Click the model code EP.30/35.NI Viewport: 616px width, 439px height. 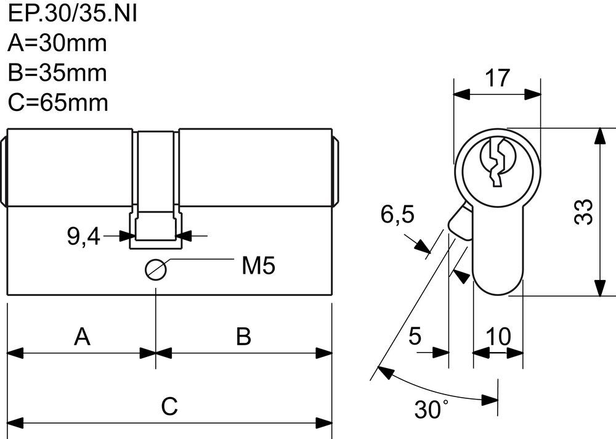pos(72,14)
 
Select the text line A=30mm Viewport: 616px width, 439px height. pos(58,43)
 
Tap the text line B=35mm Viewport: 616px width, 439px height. pos(58,73)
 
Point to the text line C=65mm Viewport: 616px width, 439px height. pos(59,102)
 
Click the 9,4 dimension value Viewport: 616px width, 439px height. pos(83,236)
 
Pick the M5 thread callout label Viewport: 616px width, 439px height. pos(258,266)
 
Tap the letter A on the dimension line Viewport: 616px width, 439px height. pos(83,337)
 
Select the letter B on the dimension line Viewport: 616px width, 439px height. pos(244,337)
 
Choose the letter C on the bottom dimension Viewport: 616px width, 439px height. pos(169,406)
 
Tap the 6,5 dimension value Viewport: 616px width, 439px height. pos(397,215)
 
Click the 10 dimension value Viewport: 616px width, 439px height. pos(498,337)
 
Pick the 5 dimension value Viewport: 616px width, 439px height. pos(415,337)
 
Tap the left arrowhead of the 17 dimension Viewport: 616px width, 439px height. pos(461,94)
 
